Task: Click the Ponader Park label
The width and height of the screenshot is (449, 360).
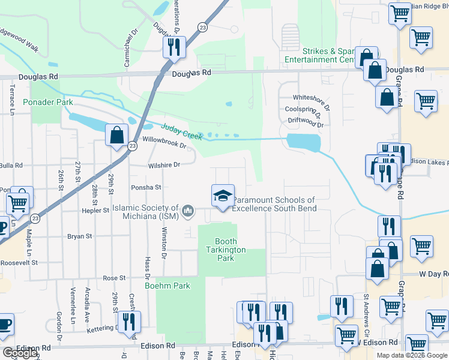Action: coord(47,103)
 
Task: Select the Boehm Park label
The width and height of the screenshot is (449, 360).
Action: coord(167,286)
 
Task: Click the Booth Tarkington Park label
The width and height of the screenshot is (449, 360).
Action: coord(226,249)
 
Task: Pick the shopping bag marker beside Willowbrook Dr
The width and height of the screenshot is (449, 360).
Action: coord(116,135)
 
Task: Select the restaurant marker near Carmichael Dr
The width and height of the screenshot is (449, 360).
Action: coord(174,47)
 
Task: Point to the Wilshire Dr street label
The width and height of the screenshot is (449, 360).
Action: coord(164,164)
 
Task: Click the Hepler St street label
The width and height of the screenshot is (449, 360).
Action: coord(95,211)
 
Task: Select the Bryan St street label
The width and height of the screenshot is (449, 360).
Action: coord(79,236)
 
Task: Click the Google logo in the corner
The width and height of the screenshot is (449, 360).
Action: coord(19,353)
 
